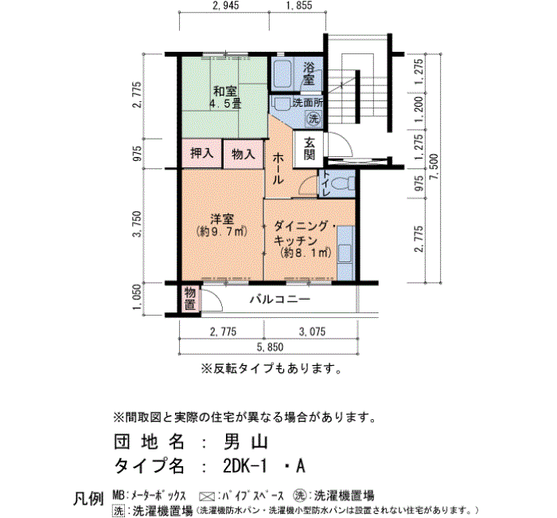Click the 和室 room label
224,91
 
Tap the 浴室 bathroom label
309,73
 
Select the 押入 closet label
202,153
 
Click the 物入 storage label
243,154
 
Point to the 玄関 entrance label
309,149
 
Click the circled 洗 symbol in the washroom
314,118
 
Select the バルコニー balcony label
279,299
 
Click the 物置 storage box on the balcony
190,299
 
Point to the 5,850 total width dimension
270,347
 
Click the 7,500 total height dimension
434,167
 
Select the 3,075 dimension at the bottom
312,332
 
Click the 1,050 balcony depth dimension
137,297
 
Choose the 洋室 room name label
222,219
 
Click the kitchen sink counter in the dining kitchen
345,253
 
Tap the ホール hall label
278,169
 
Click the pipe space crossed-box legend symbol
208,496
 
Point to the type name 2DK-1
245,465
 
